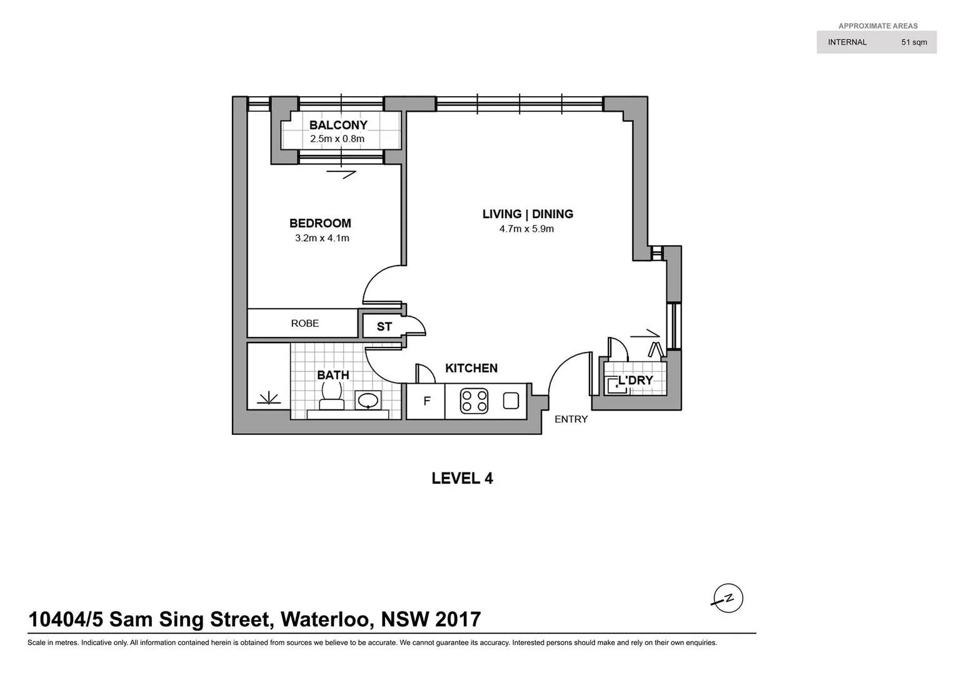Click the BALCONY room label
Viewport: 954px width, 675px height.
pyautogui.click(x=338, y=125)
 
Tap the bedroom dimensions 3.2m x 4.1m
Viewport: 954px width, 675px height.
pyautogui.click(x=322, y=238)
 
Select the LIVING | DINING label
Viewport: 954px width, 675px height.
pyautogui.click(x=528, y=214)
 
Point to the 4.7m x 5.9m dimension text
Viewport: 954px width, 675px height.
pyautogui.click(x=526, y=229)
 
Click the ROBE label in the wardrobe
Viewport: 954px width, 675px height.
pyautogui.click(x=305, y=323)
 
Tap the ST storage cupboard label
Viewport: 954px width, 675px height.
pyautogui.click(x=384, y=327)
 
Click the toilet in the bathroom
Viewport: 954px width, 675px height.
pyautogui.click(x=330, y=393)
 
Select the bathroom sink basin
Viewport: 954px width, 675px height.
pyautogui.click(x=368, y=400)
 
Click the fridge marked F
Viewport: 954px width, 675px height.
pyautogui.click(x=427, y=401)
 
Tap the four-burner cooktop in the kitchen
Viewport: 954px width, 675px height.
pyautogui.click(x=474, y=401)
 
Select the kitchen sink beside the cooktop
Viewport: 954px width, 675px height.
pyautogui.click(x=511, y=400)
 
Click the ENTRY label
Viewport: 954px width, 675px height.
pyautogui.click(x=571, y=419)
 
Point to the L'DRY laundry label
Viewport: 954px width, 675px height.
pyautogui.click(x=635, y=380)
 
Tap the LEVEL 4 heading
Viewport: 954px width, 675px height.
pyautogui.click(x=463, y=479)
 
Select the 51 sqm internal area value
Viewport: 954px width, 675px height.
pyautogui.click(x=914, y=42)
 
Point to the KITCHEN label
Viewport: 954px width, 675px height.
pyautogui.click(x=471, y=368)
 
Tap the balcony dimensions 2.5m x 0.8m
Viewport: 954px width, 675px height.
pyautogui.click(x=337, y=139)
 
